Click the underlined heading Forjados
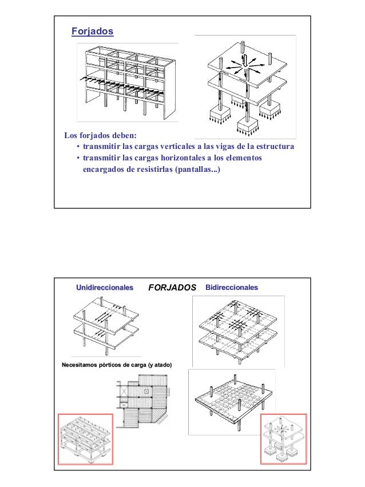(x=92, y=31)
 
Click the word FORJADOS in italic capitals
(x=172, y=287)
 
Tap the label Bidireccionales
(x=231, y=286)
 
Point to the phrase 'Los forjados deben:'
(x=100, y=136)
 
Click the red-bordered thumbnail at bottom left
(x=84, y=438)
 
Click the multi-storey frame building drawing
(x=127, y=83)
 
